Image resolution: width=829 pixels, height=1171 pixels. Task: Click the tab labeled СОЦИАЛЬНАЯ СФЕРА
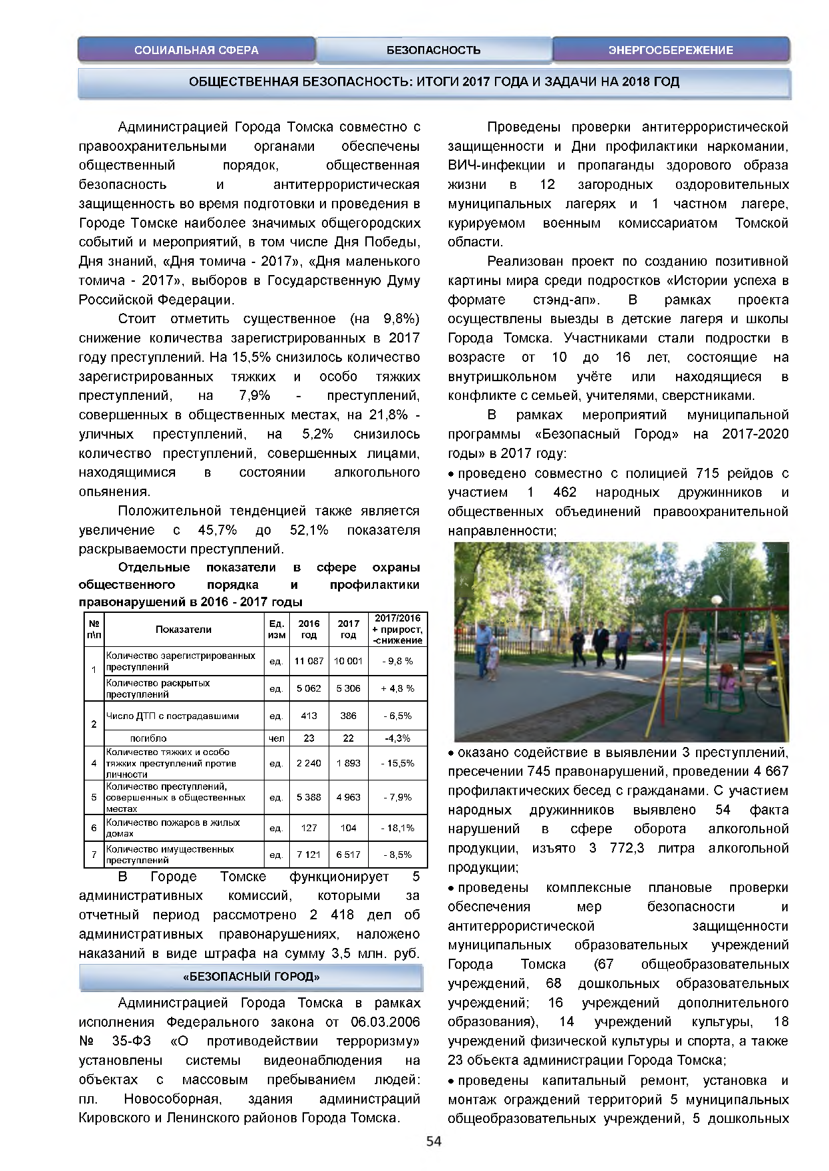[x=196, y=50]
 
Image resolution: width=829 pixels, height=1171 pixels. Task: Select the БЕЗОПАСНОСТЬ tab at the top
[x=434, y=50]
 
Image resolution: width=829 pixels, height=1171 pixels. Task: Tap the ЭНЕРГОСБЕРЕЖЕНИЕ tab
[x=671, y=50]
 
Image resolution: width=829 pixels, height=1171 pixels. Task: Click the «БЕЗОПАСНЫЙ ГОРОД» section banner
[x=251, y=977]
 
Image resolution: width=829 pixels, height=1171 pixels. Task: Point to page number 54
[x=434, y=1141]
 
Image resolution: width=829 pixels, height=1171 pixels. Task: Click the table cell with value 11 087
[x=309, y=661]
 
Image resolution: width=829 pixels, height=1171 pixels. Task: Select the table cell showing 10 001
[x=348, y=661]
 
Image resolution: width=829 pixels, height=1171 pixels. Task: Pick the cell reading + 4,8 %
[x=397, y=688]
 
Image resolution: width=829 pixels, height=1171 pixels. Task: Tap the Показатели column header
[x=184, y=630]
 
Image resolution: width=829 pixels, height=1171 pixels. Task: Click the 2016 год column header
[x=309, y=630]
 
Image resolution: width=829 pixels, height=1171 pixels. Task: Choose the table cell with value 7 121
[x=309, y=855]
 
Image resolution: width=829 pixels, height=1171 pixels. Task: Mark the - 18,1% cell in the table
[x=397, y=828]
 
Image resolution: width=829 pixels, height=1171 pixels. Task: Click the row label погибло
[x=148, y=738]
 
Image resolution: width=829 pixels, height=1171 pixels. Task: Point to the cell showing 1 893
[x=348, y=763]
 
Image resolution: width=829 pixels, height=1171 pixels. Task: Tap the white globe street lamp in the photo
[x=716, y=600]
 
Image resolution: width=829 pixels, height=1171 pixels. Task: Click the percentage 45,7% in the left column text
[x=218, y=530]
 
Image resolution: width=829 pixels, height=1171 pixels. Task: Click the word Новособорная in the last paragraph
[x=172, y=1099]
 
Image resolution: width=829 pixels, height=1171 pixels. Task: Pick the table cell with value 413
[x=309, y=716]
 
